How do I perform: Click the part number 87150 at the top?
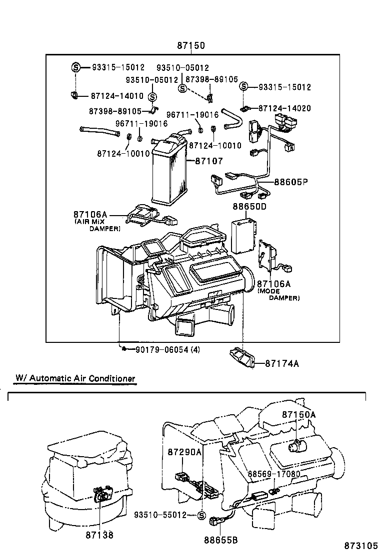(190, 46)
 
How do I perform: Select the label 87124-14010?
(117, 96)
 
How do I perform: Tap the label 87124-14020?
(284, 108)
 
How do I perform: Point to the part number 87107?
(208, 161)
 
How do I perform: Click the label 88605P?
(290, 183)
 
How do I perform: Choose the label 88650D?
(249, 206)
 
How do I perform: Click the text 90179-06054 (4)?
(167, 349)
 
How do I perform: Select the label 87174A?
(281, 363)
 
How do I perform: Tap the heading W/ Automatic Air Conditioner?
(75, 378)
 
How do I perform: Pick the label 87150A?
(299, 414)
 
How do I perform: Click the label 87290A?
(184, 452)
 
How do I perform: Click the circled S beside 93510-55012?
(202, 515)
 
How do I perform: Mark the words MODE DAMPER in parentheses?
(278, 294)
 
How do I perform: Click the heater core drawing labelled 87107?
(169, 170)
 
